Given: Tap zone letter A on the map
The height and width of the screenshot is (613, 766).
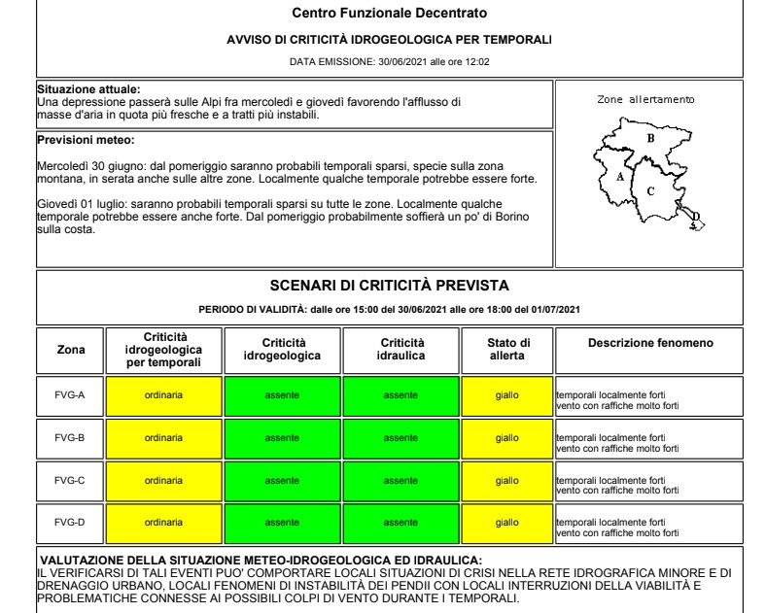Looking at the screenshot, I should [620, 178].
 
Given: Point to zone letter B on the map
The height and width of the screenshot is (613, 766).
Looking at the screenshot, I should [650, 139].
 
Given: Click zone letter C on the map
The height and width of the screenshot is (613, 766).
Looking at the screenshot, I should [650, 190].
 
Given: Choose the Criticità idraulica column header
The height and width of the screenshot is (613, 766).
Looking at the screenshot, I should [402, 349].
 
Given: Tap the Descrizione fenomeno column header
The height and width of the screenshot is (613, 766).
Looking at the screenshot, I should [650, 343].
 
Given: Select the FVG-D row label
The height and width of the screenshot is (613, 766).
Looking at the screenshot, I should [69, 522].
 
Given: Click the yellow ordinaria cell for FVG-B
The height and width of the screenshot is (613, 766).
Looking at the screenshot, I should [164, 438].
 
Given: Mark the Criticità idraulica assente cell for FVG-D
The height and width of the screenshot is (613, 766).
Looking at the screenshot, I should [402, 522].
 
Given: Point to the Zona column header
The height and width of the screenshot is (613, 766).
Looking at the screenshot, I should [69, 349].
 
